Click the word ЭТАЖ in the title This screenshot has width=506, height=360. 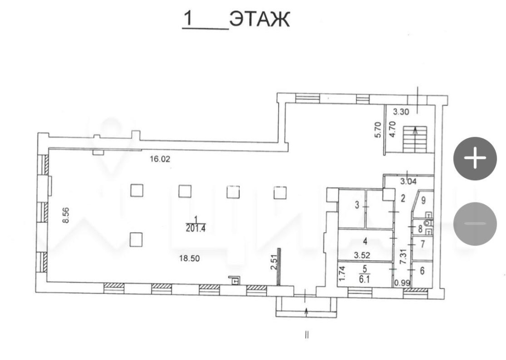pyautogui.click(x=260, y=19)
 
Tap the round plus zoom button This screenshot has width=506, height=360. pyautogui.click(x=475, y=158)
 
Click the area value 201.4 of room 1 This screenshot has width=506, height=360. pyautogui.click(x=196, y=228)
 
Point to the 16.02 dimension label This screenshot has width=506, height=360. pyautogui.click(x=160, y=159)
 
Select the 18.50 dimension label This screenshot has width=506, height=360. pyautogui.click(x=189, y=258)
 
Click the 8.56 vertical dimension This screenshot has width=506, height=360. pyautogui.click(x=66, y=215)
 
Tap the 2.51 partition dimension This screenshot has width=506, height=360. pyautogui.click(x=274, y=262)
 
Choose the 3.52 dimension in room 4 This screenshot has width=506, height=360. pyautogui.click(x=362, y=255)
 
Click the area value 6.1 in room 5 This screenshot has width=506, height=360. pyautogui.click(x=364, y=280)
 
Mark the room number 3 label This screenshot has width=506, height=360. pyautogui.click(x=357, y=205)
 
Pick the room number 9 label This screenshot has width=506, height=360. pyautogui.click(x=423, y=200)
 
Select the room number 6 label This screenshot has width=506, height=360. pyautogui.click(x=422, y=271)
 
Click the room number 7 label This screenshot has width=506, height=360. pyautogui.click(x=423, y=244)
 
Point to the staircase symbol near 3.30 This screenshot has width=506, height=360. pyautogui.click(x=415, y=139)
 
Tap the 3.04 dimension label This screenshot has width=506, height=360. pyautogui.click(x=408, y=182)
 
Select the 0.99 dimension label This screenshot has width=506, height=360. pyautogui.click(x=402, y=283)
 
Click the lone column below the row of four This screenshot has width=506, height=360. pyautogui.click(x=136, y=240)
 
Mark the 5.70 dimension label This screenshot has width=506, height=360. pyautogui.click(x=378, y=130)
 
